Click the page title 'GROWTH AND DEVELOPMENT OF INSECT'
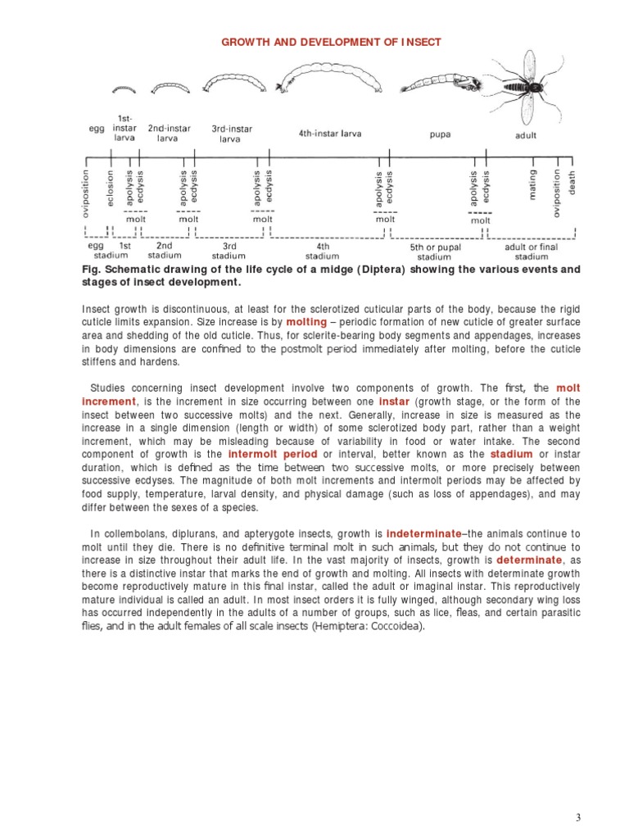(x=332, y=42)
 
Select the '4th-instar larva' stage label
(x=329, y=134)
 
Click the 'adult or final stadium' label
(x=531, y=251)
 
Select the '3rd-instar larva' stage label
(x=232, y=134)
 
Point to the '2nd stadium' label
(x=164, y=250)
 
